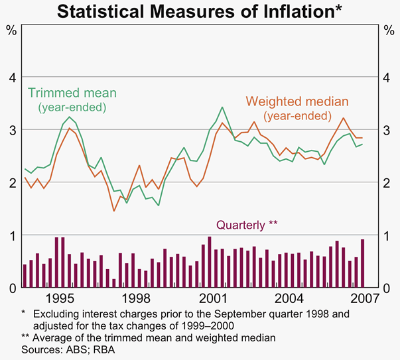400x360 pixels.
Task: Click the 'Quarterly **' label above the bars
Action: pos(247,225)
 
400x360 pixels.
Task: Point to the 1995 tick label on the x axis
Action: pos(64,298)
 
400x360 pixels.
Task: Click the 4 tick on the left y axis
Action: pos(11,78)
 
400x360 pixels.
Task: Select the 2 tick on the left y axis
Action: pos(11,182)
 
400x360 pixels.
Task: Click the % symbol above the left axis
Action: pos(11,30)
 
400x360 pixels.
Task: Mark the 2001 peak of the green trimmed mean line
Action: pos(222,107)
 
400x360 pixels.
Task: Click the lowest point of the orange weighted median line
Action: pos(114,211)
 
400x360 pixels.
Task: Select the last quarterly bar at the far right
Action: pos(362,263)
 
